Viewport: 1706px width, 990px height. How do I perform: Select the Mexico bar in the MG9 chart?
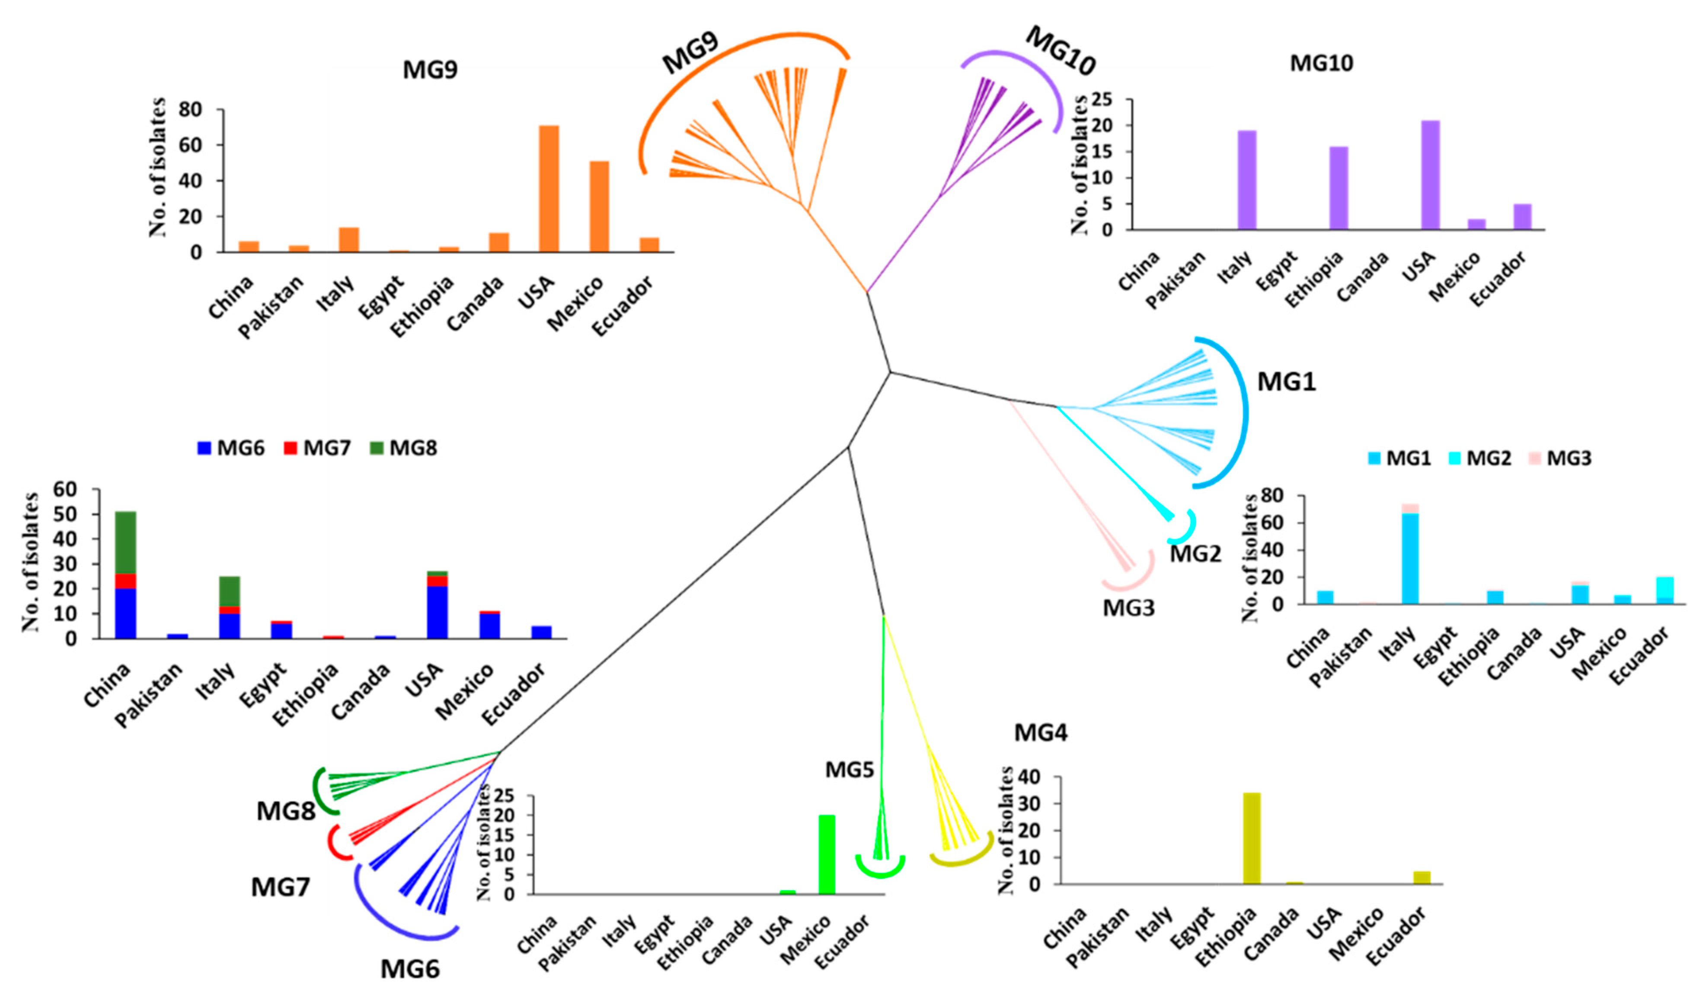(599, 207)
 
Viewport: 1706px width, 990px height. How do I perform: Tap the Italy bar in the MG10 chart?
(1246, 180)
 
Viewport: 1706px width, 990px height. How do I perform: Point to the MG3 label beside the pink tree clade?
(1128, 608)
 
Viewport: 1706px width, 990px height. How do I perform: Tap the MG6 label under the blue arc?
(409, 969)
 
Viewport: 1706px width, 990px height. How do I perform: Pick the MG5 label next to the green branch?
(849, 769)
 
